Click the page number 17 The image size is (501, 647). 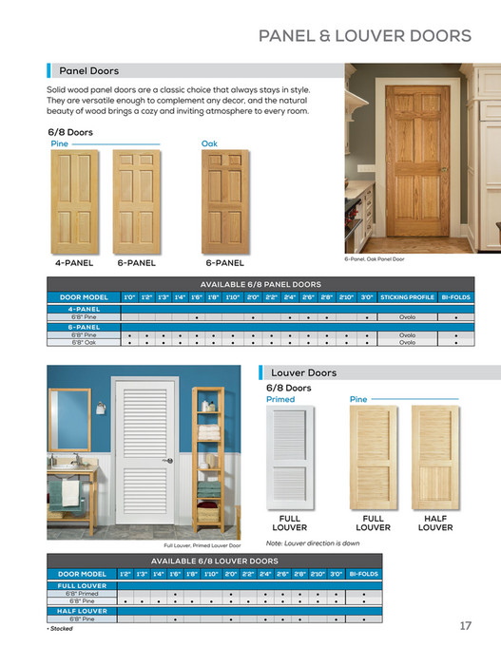click(465, 625)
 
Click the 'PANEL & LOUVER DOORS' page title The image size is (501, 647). click(365, 36)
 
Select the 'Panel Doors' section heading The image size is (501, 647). click(89, 70)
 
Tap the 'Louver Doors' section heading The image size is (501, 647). click(303, 372)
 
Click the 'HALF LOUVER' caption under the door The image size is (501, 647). click(434, 523)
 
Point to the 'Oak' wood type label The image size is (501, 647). click(209, 143)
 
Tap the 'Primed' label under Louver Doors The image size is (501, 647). click(280, 399)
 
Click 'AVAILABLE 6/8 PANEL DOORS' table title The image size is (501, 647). click(260, 284)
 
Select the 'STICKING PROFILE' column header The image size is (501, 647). click(407, 297)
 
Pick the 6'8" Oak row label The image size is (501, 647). click(84, 342)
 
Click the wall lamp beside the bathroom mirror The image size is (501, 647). click(100, 409)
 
